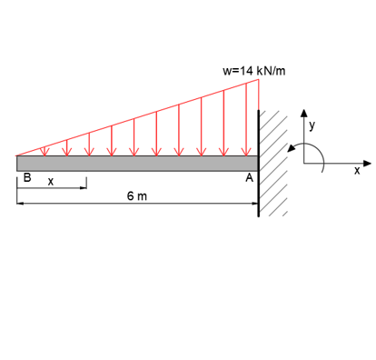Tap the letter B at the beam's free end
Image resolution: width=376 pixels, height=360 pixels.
(x=26, y=179)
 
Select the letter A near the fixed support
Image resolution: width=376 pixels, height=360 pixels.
(x=249, y=179)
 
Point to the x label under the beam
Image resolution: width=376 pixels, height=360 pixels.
(x=51, y=182)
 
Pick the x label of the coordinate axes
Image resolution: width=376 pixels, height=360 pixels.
(x=356, y=170)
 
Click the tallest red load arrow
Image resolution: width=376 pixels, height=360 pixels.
(x=246, y=118)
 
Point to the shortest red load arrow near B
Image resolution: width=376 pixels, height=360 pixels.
(x=43, y=151)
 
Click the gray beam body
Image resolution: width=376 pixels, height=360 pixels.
(x=136, y=163)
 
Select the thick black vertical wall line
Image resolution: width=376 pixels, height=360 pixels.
(x=259, y=164)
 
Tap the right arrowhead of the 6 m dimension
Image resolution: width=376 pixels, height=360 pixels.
(x=254, y=204)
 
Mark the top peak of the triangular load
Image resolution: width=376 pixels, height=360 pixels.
(x=259, y=81)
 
